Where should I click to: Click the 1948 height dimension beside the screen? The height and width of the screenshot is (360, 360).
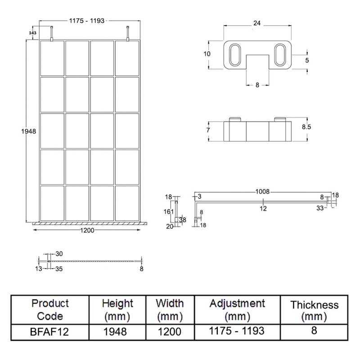pos(28,131)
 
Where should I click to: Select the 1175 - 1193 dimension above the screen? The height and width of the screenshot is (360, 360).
pos(87,21)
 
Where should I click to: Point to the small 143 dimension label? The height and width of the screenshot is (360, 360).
pos(32,33)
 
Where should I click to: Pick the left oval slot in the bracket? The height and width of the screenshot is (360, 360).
pos(235,55)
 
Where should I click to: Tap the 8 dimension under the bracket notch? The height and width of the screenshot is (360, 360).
pos(257,85)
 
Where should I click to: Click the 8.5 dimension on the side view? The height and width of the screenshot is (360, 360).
pos(306,127)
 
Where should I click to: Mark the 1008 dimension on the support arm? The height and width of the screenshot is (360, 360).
pos(262,192)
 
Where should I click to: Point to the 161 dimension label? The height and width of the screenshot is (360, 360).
pos(169,211)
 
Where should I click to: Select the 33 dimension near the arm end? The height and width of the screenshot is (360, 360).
pos(320,208)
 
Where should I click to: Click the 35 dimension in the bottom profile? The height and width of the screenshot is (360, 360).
pos(59,269)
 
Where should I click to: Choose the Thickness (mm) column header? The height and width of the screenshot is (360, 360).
pos(314,310)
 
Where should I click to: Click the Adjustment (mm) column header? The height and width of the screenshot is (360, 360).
pos(237,309)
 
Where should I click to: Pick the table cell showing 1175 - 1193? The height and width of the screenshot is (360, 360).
pos(237,331)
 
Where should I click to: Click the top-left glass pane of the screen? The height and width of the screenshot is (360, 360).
pos(52,58)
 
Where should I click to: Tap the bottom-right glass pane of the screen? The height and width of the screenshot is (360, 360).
pos(127,203)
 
